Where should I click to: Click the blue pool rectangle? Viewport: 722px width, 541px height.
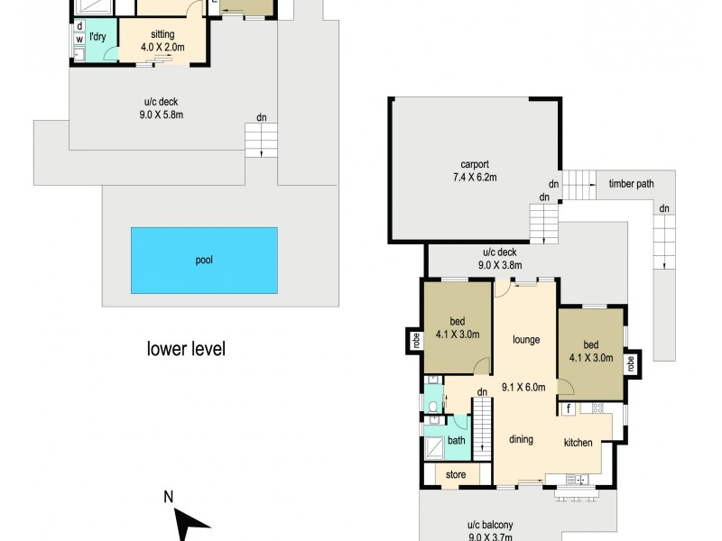[x=204, y=260]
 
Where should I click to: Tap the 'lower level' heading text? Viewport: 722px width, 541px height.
[x=185, y=348]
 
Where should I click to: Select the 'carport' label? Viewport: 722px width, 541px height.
[x=474, y=164]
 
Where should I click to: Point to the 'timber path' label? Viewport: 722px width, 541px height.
[x=631, y=184]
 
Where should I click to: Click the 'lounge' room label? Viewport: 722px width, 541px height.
[x=525, y=340]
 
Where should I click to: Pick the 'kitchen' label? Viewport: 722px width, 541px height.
[x=579, y=443]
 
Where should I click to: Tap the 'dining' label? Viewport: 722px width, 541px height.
[x=521, y=440]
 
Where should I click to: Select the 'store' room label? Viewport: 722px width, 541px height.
[x=456, y=473]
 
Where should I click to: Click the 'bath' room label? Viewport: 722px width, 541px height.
[x=456, y=441]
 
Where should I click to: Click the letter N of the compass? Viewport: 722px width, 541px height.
[x=169, y=496]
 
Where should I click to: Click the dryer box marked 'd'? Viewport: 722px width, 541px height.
[x=79, y=27]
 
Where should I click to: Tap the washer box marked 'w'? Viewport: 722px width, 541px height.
[x=79, y=40]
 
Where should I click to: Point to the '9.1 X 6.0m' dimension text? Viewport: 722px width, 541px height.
[x=524, y=388]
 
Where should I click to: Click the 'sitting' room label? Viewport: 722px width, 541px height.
[x=162, y=34]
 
